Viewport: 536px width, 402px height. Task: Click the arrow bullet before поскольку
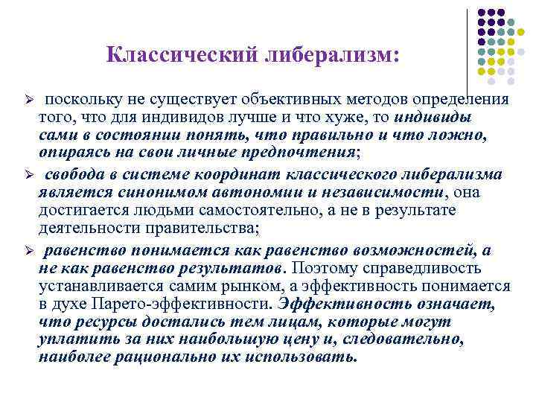point(29,100)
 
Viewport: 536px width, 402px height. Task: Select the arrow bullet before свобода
point(29,173)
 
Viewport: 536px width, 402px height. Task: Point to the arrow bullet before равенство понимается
point(29,249)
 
